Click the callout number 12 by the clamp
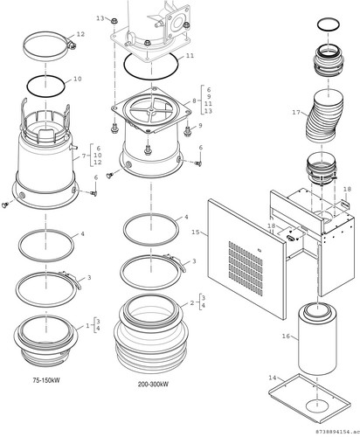[80, 34]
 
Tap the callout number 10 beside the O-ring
[78, 79]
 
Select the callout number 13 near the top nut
[100, 18]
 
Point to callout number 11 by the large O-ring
[190, 55]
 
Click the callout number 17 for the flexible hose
[296, 112]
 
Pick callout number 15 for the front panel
[196, 232]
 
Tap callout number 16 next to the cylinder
[286, 336]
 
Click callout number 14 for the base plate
[273, 378]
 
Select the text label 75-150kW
[46, 380]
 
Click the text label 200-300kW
[153, 384]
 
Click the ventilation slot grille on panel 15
[246, 268]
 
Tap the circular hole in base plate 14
[317, 406]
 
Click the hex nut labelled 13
[114, 21]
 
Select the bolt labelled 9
[187, 131]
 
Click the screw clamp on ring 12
[72, 45]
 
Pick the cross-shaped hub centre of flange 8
[151, 109]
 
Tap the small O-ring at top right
[329, 24]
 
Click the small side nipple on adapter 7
[73, 147]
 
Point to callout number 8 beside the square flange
[194, 101]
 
